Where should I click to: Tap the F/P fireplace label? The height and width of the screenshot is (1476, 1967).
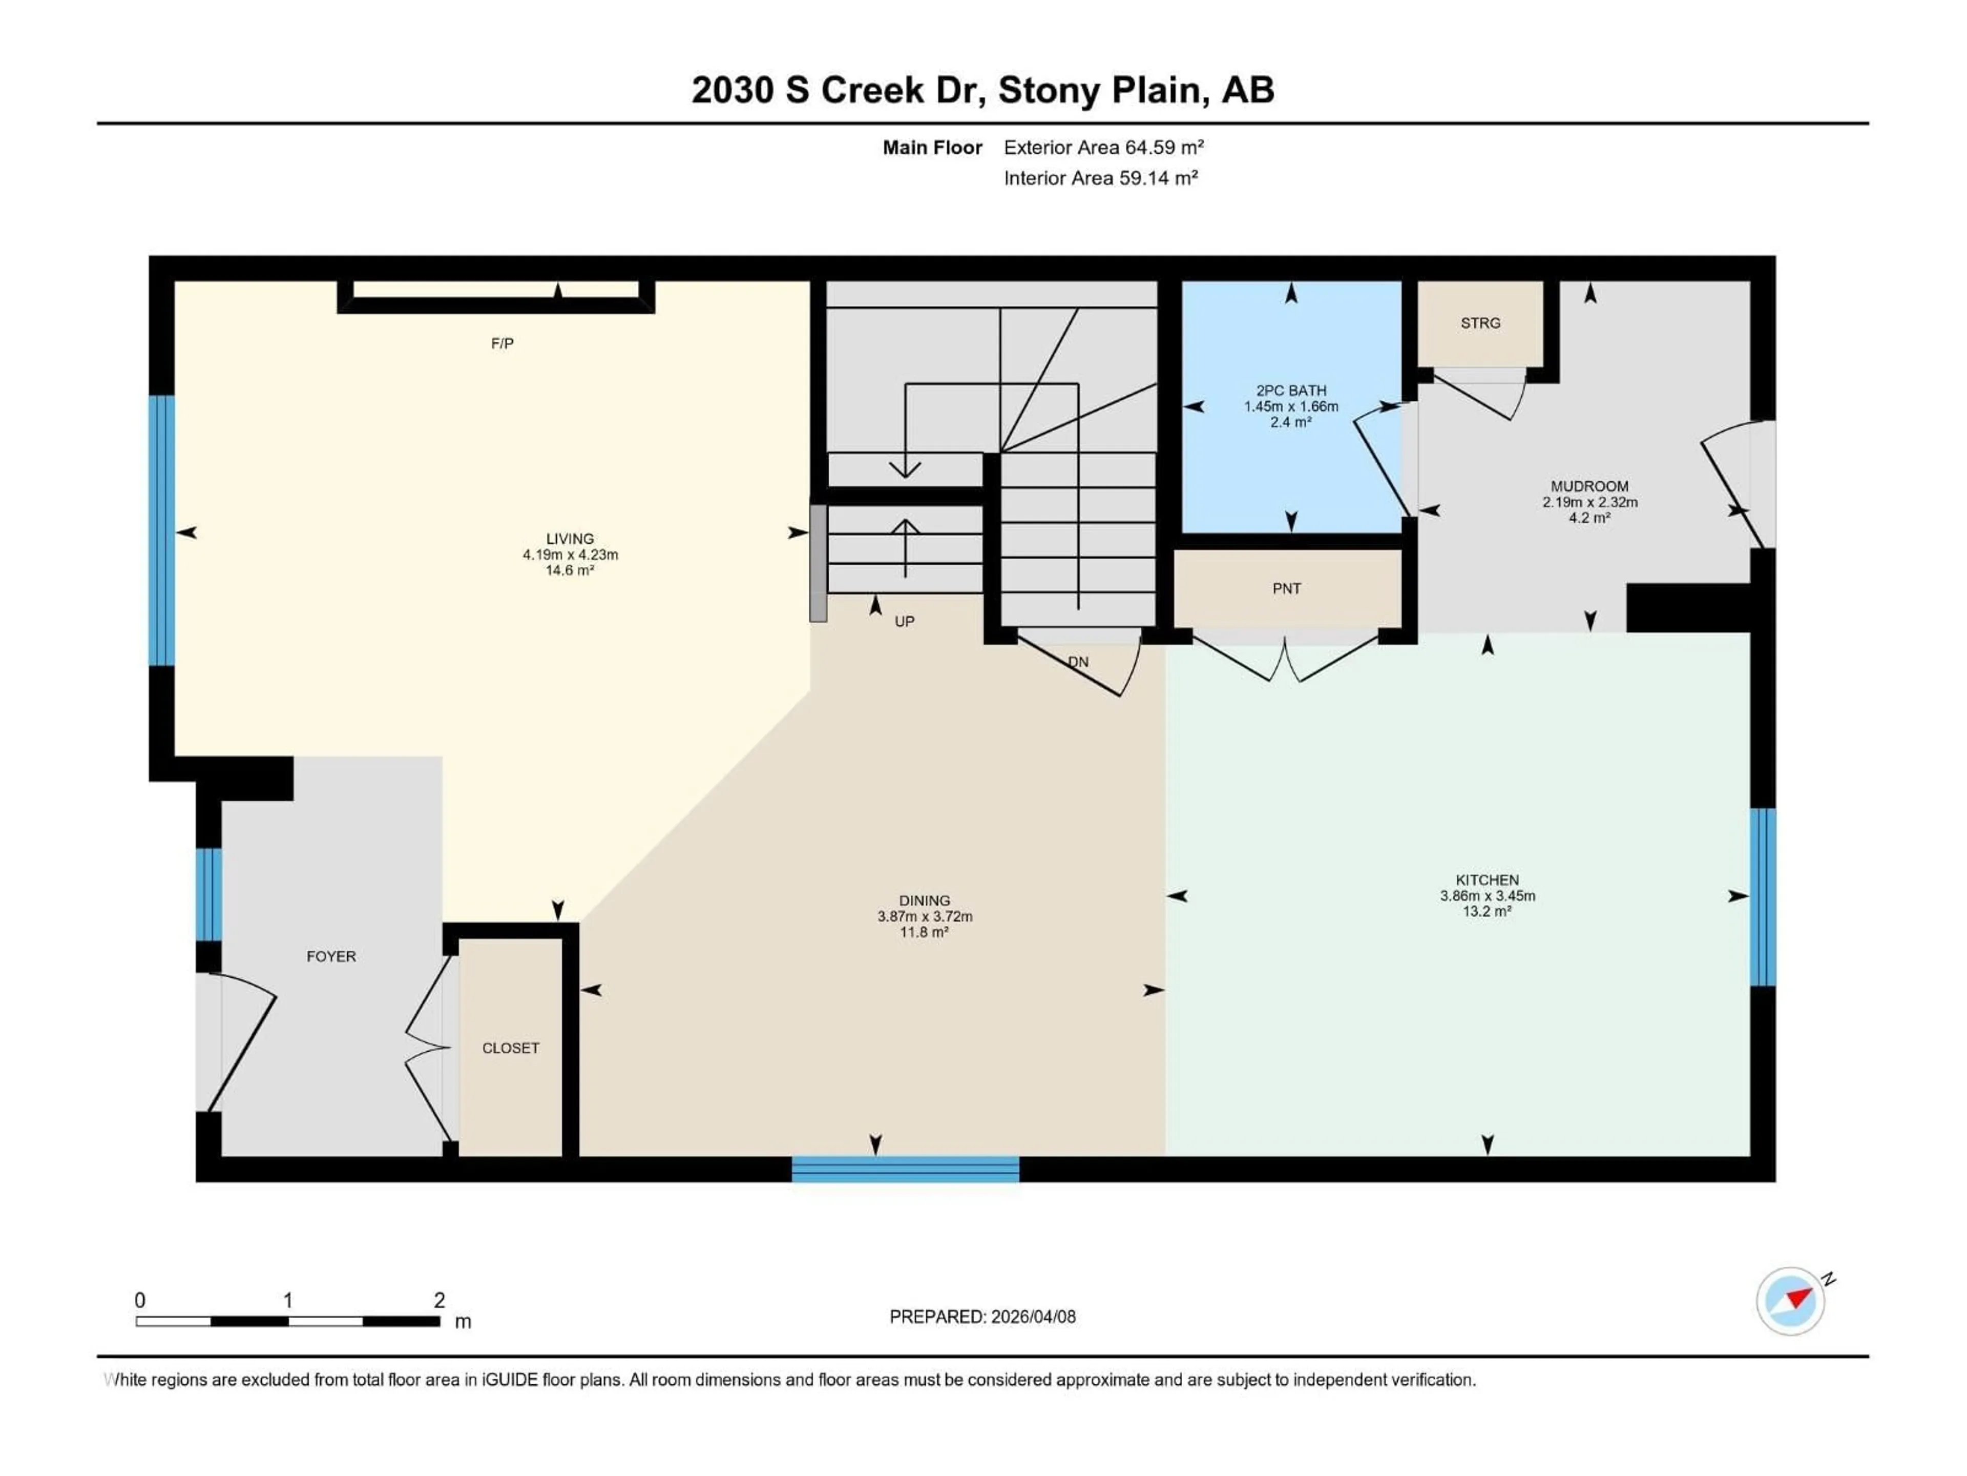click(503, 343)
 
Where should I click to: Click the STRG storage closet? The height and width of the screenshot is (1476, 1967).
click(1480, 323)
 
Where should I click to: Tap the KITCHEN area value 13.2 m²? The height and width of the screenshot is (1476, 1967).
click(1487, 912)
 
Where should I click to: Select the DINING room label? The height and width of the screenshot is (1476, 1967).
click(924, 900)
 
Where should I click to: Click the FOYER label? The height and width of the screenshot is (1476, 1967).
click(331, 956)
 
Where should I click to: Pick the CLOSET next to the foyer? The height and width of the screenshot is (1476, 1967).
click(510, 1048)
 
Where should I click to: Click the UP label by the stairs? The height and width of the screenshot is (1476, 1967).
click(904, 622)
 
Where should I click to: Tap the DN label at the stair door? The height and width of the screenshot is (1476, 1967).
click(1078, 662)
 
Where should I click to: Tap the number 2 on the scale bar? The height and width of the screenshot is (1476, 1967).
click(440, 1300)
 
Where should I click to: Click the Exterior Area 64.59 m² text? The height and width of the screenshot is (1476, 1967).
click(1103, 148)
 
